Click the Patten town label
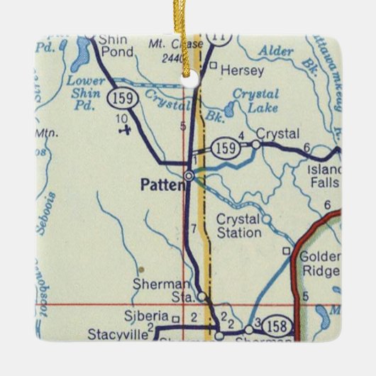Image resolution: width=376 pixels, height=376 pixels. click(162, 185)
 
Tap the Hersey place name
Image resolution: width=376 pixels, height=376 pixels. click(232, 70)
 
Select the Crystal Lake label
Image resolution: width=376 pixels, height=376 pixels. click(255, 101)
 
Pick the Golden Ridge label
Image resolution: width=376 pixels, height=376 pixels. click(319, 263)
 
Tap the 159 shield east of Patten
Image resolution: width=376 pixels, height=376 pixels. click(223, 148)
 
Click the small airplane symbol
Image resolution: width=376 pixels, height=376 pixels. click(126, 130)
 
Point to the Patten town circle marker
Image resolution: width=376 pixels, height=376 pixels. click(189, 175)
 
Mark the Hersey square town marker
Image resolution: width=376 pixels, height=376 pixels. click(213, 66)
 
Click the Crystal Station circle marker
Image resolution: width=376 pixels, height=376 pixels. click(267, 219)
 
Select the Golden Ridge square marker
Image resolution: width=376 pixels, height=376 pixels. click(286, 250)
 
